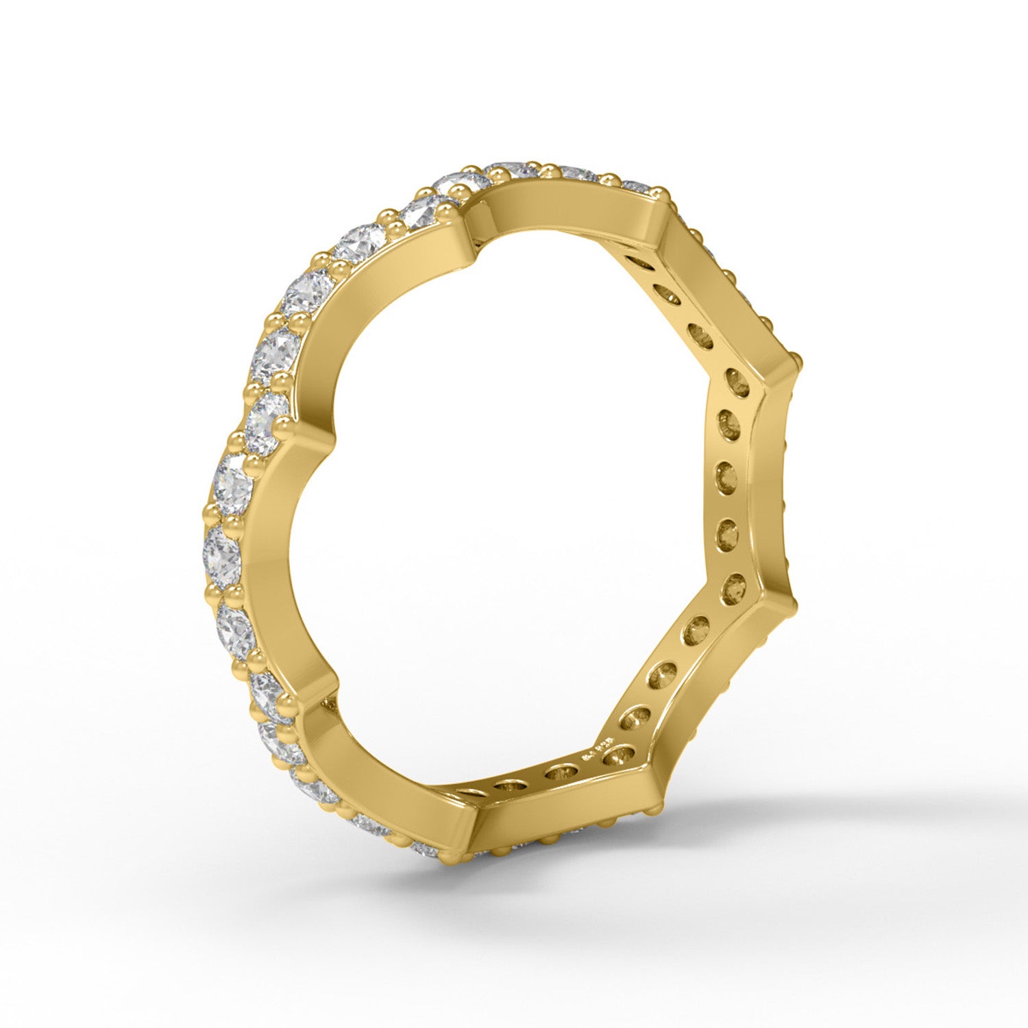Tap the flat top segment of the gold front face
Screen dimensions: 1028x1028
[x=569, y=206]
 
